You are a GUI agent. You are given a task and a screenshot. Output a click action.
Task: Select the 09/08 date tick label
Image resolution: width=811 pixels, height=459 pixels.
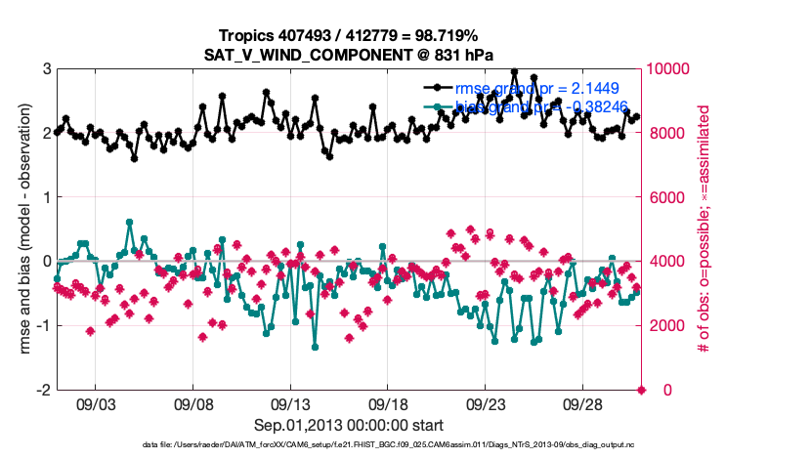point(193,402)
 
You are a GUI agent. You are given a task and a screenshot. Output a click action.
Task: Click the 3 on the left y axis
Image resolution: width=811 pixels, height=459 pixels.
point(46,69)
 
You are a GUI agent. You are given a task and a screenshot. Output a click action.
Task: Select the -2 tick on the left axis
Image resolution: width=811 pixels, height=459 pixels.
point(43,390)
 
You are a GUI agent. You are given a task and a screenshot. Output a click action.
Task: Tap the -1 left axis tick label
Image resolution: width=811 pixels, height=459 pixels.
point(43,326)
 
